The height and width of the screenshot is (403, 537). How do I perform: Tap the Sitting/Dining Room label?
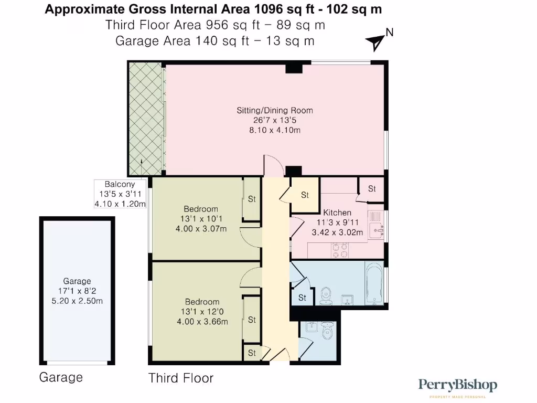coord(275,110)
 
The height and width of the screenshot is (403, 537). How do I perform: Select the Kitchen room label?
coord(337,213)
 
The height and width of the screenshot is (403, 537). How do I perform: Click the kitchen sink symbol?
coord(377,229)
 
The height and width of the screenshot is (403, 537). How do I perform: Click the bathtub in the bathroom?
coord(374,283)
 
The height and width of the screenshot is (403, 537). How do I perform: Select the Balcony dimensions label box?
coord(120,194)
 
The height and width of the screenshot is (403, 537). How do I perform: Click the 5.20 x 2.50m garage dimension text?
coord(77,301)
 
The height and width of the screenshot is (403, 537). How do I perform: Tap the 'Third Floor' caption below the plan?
coord(181,378)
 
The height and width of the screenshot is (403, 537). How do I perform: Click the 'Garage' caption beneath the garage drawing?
coord(61,377)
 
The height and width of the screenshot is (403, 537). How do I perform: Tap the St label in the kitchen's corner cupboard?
coord(372,188)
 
